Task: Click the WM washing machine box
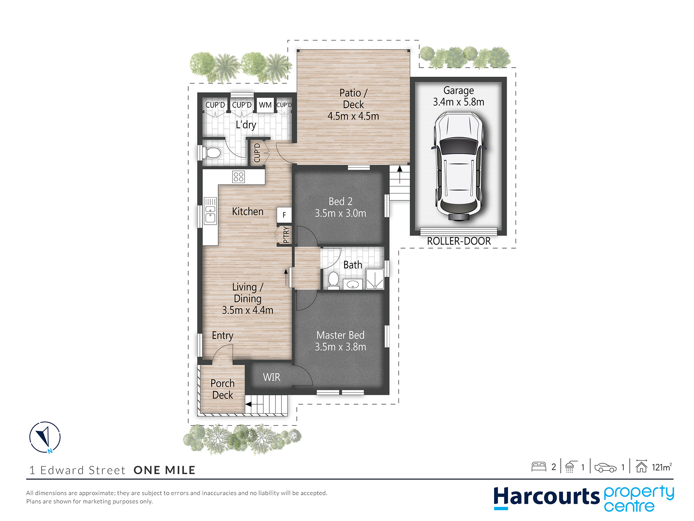tap(265, 105)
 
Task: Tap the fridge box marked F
tap(284, 215)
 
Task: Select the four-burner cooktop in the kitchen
tap(238, 177)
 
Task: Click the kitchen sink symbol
tap(210, 210)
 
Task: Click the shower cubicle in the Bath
tap(375, 279)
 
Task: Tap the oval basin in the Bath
tap(353, 284)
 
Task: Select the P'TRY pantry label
tap(286, 235)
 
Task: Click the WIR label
tap(271, 377)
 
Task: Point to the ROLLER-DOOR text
tap(459, 241)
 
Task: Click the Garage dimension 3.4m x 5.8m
tap(458, 102)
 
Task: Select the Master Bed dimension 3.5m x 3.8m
tap(340, 347)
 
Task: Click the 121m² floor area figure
tap(662, 467)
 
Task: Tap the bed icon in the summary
tap(539, 466)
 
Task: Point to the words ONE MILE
tap(164, 470)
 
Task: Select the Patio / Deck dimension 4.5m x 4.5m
tap(353, 116)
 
